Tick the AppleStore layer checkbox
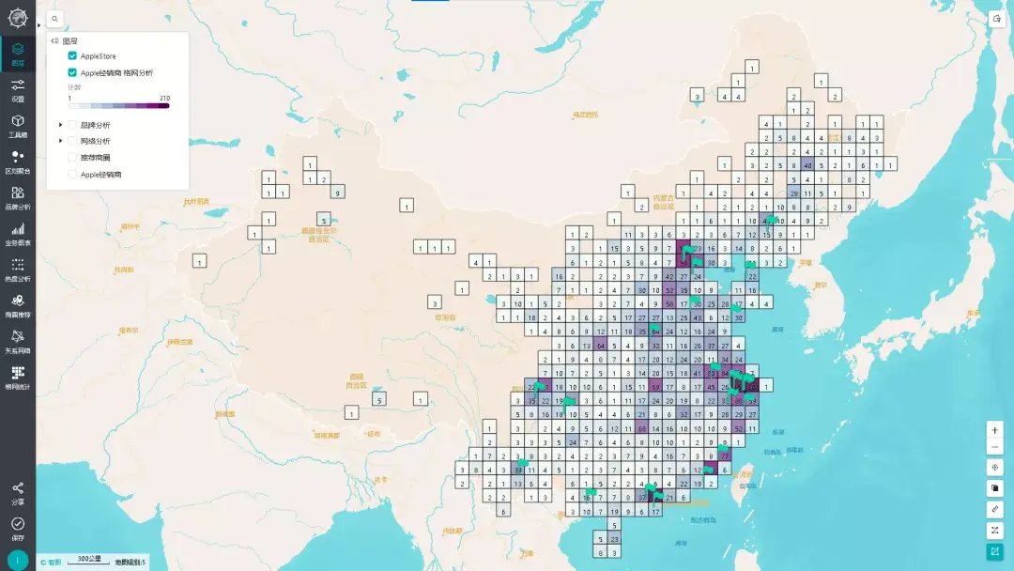(x=72, y=56)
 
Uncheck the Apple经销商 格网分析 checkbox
(x=72, y=72)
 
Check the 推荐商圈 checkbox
(x=72, y=157)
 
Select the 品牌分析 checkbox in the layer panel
(x=72, y=125)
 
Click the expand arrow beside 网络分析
(x=61, y=141)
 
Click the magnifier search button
(x=54, y=19)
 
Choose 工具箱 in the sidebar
(x=18, y=125)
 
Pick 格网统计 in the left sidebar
(x=18, y=377)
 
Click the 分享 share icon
(x=18, y=491)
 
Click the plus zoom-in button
(x=995, y=429)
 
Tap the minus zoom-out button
(x=995, y=446)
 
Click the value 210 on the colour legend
(x=165, y=98)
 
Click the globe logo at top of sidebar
(x=18, y=17)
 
